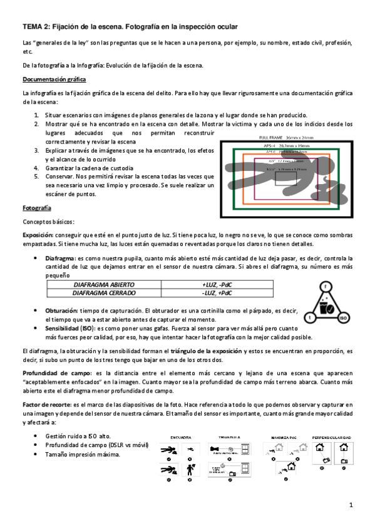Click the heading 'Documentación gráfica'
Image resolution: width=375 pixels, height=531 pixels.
point(54,80)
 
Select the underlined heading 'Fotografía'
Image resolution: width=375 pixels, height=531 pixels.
point(37,207)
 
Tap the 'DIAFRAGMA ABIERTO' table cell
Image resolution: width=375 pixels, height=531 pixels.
point(104,284)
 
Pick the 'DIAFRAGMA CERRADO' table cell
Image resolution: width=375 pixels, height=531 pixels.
point(104,292)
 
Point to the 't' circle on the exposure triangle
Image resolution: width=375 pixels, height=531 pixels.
point(307,317)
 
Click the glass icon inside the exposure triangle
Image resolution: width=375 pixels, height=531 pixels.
point(326,307)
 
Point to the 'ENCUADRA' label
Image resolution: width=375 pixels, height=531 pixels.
point(182,437)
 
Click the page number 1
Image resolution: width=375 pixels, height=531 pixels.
point(352,505)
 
